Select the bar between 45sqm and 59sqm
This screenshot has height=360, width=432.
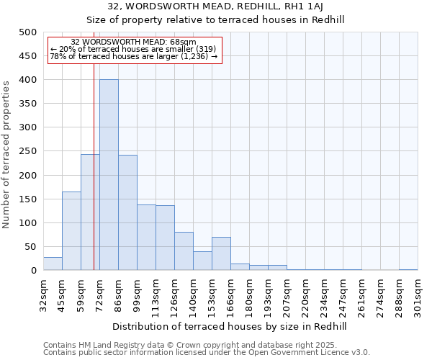click(71, 230)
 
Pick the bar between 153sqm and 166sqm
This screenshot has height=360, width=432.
click(221, 253)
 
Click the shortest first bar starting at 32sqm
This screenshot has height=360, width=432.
click(53, 264)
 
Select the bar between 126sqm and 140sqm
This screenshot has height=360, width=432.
click(184, 251)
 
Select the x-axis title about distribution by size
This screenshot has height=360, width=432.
click(230, 326)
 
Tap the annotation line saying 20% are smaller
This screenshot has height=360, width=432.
click(133, 49)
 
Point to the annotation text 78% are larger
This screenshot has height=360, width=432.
click(133, 56)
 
